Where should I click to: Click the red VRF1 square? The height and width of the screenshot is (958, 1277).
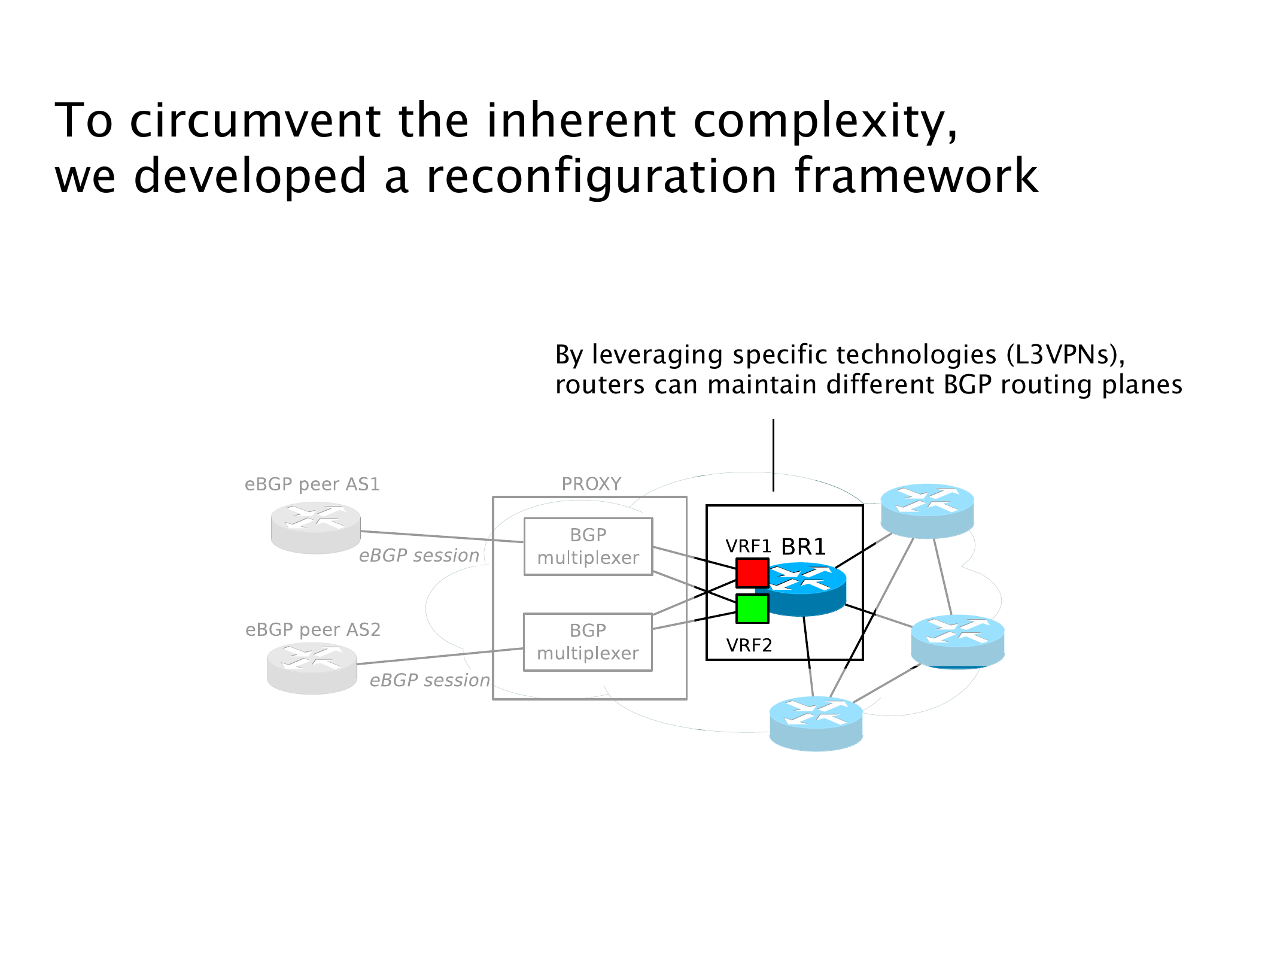pos(752,573)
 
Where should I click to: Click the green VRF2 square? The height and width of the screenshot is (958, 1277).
pos(752,609)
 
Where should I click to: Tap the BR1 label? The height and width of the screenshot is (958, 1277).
pos(804,547)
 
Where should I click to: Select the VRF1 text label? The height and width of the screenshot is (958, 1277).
pos(748,546)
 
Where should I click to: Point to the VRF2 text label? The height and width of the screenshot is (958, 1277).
pos(749,645)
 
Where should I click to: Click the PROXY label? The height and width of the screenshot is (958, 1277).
pos(591,484)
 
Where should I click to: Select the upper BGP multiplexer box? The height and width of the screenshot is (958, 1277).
pos(588,546)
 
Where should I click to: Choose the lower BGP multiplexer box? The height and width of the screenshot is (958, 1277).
pos(588,642)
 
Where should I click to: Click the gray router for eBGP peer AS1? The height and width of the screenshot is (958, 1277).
pos(315,527)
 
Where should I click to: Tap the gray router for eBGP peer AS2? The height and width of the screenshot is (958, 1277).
pos(312,668)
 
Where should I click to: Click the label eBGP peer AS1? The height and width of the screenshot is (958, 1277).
pos(312,484)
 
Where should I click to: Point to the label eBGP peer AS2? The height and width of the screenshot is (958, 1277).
pos(313,630)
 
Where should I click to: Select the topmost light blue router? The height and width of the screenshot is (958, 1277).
pos(927,511)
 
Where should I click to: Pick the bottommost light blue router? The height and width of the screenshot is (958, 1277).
pos(816,723)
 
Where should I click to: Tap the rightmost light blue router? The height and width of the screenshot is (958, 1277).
pos(957,641)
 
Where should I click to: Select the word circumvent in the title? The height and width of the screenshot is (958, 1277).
pos(255,120)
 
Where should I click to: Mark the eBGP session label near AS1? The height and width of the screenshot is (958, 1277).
pos(419,556)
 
